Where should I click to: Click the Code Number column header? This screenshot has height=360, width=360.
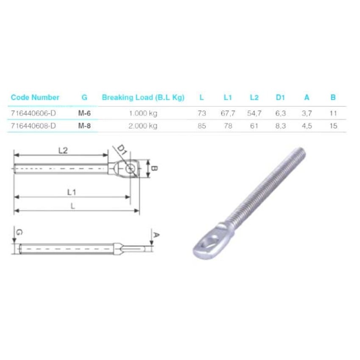point(35,97)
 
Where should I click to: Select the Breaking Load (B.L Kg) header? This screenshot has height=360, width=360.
point(143,97)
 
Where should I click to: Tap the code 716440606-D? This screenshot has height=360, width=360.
point(33,113)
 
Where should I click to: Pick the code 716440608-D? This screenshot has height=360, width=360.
point(33,126)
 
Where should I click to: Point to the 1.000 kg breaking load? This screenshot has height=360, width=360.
point(143,113)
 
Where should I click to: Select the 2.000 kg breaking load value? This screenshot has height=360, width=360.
point(143,126)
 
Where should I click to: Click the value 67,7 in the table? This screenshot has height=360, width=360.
point(228,113)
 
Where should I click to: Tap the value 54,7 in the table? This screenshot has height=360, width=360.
point(254,113)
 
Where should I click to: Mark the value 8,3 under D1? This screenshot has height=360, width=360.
point(280,126)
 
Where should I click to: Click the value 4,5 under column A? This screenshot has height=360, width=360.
point(307,126)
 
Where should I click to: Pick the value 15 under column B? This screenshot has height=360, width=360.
point(333,126)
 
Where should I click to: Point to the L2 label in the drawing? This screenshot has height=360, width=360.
point(63,150)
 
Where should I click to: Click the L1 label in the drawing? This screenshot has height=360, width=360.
point(72,192)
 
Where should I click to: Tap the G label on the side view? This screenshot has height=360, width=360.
point(19,233)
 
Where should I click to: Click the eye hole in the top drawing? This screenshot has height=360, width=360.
point(130,169)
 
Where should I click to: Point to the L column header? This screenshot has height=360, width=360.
point(202,97)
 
